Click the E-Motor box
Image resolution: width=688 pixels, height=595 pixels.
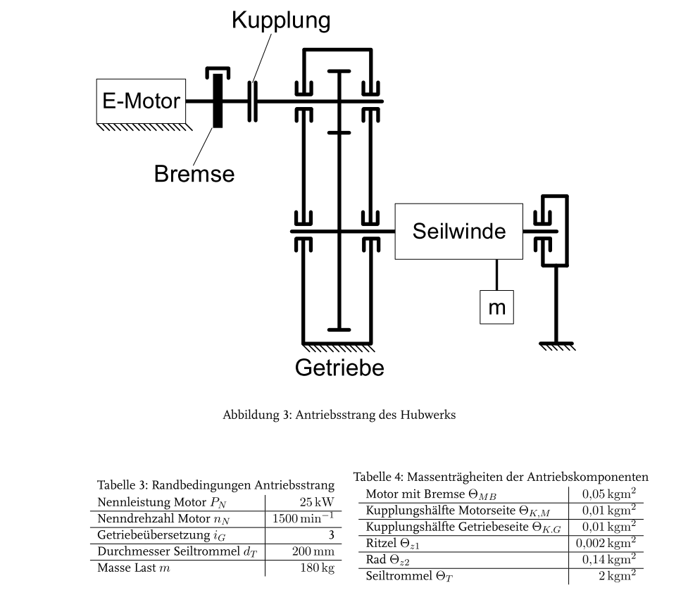[x=141, y=101]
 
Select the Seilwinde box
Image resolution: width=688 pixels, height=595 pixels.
[x=458, y=231]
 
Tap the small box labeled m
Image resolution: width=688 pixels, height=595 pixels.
[x=496, y=307]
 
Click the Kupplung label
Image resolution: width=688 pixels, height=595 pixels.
[x=281, y=20]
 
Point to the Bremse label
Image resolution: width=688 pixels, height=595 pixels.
[x=194, y=174]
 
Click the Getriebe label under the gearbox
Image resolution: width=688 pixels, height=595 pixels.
[x=339, y=368]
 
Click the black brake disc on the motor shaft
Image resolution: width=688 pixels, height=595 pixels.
[x=218, y=101]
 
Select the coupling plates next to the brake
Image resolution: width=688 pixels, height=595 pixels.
[x=252, y=101]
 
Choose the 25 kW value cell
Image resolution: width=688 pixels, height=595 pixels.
[x=317, y=502]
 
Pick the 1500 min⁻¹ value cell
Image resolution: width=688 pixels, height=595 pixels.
[x=304, y=518]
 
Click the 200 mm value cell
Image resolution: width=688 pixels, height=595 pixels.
[x=313, y=551]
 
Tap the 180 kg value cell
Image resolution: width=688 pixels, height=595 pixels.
[x=317, y=568]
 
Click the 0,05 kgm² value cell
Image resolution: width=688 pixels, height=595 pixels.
[x=609, y=494]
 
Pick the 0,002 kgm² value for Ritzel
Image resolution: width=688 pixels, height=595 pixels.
[x=606, y=543]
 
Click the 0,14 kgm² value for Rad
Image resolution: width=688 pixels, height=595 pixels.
[x=609, y=559]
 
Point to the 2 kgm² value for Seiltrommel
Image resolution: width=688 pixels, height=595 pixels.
[x=618, y=575]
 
